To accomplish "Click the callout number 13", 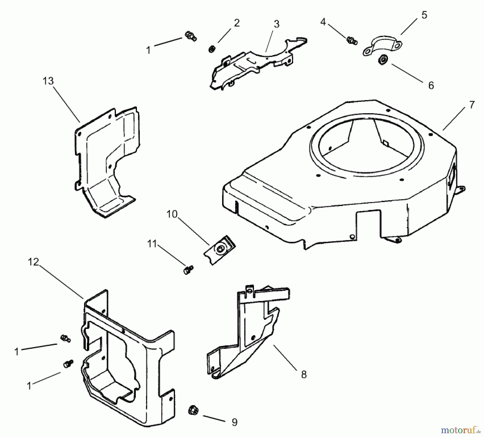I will point(48,81).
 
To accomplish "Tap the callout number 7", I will point(472,105).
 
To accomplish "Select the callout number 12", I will point(33,262).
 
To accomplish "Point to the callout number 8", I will point(304,374).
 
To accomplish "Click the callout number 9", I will point(234,422).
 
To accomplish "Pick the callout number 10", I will point(172,214).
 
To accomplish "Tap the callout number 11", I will point(152,244).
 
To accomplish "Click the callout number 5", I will point(424,15).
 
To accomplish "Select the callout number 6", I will point(431,85).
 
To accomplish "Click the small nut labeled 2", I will point(212,49).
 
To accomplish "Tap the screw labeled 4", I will point(351,40).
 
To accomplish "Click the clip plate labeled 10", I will point(219,249).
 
